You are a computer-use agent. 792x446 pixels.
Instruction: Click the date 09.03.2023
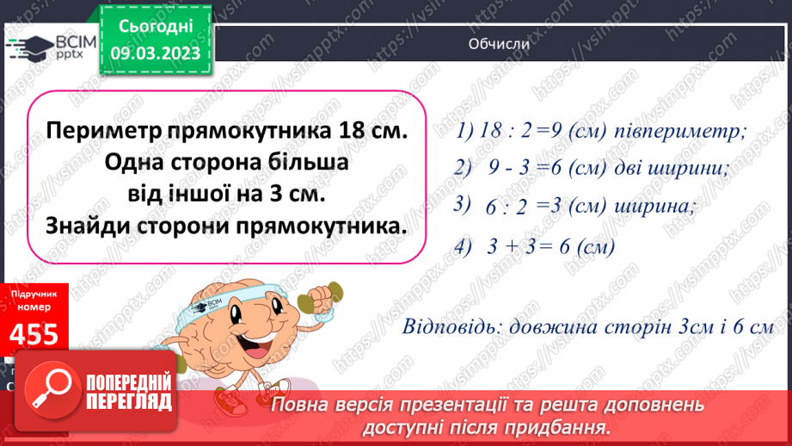point(156,53)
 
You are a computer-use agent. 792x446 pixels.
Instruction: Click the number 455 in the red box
point(35,332)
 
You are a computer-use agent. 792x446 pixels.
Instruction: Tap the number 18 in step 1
point(493,133)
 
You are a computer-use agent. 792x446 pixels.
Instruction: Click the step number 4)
point(465,246)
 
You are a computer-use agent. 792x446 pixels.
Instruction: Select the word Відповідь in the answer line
point(450,327)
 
